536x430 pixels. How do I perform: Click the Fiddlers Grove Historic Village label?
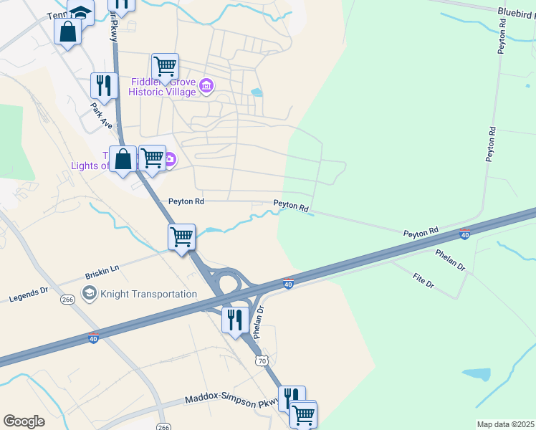(163, 87)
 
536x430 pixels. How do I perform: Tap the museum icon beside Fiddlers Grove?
(206, 87)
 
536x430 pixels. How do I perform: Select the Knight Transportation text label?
(149, 294)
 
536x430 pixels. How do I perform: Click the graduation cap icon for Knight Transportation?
(90, 293)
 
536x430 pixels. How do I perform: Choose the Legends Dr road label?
(28, 295)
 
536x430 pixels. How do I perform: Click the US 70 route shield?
(262, 361)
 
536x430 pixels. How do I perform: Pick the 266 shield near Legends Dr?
(68, 300)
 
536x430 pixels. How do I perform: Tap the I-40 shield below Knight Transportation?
(94, 338)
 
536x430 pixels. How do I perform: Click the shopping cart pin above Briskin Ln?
(182, 236)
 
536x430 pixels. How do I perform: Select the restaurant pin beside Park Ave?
(104, 86)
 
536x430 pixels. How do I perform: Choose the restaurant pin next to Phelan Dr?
(234, 319)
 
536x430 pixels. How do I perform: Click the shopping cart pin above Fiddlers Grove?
(165, 67)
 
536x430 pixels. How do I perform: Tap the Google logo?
(24, 421)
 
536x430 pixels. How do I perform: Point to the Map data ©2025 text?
(505, 424)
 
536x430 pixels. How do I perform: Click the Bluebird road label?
(516, 11)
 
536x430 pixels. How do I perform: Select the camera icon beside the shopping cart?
(170, 159)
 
